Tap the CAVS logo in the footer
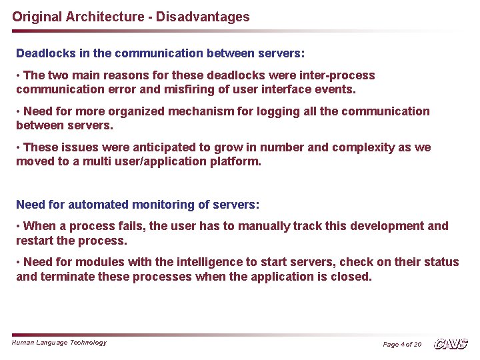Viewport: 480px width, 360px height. pyautogui.click(x=451, y=344)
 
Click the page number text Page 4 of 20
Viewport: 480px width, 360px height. pyautogui.click(x=402, y=345)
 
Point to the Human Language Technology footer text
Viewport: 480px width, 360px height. pyautogui.click(x=59, y=343)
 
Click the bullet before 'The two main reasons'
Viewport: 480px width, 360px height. pyautogui.click(x=19, y=75)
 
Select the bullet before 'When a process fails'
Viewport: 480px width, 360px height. pyautogui.click(x=19, y=226)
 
